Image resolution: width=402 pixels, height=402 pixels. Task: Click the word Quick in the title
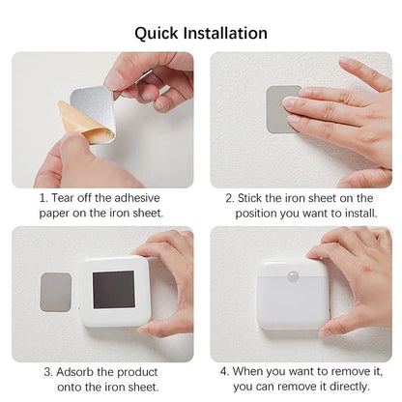(156, 33)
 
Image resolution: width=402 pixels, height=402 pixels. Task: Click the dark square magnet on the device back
(113, 290)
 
